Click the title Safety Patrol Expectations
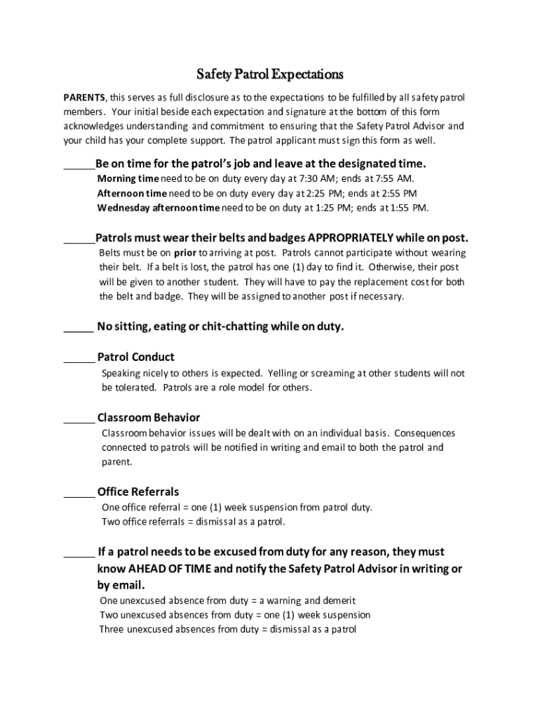tap(269, 74)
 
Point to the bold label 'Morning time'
tap(128, 178)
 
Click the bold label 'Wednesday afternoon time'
tap(158, 208)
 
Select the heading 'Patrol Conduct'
tap(136, 357)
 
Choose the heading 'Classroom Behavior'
tap(149, 418)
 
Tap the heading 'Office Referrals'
tap(138, 492)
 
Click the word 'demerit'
tap(339, 601)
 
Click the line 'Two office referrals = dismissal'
tap(193, 522)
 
